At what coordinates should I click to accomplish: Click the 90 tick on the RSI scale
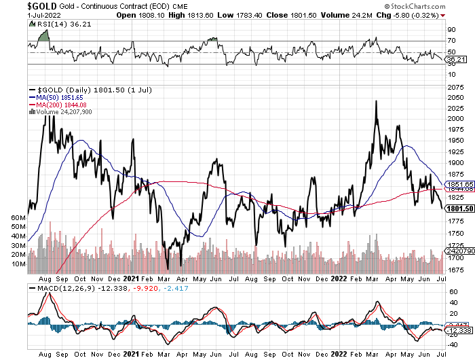pyautogui.click(x=450, y=29)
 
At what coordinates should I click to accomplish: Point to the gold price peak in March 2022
pyautogui.click(x=375, y=102)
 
